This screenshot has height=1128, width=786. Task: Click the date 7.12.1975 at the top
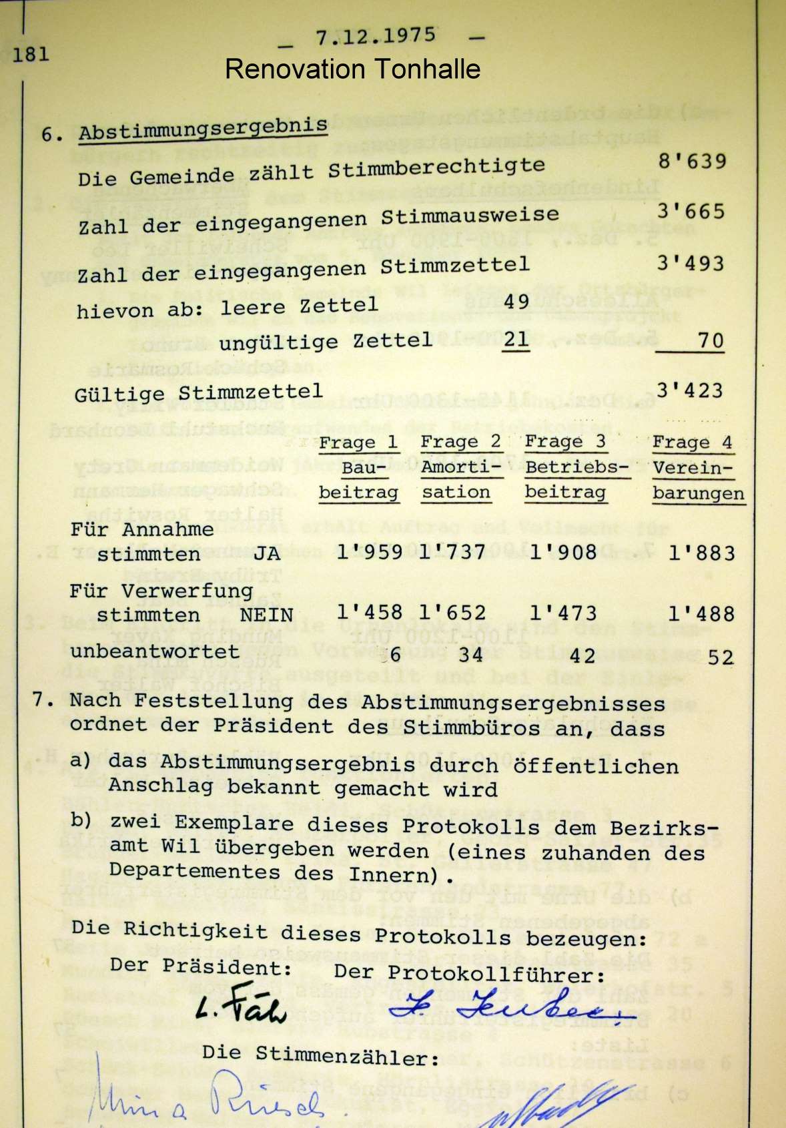pyautogui.click(x=376, y=35)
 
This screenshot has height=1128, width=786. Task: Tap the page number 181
pyautogui.click(x=31, y=53)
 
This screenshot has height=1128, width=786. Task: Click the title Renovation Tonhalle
pyautogui.click(x=352, y=69)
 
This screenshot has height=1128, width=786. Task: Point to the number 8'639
pyautogui.click(x=691, y=161)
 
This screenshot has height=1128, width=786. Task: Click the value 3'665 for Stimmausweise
pyautogui.click(x=690, y=212)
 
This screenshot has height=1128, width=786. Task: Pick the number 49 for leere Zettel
pyautogui.click(x=516, y=301)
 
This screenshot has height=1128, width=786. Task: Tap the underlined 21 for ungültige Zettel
pyautogui.click(x=516, y=339)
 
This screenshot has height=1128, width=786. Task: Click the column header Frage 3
pyautogui.click(x=564, y=442)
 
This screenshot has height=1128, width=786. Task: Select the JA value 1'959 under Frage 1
pyautogui.click(x=369, y=552)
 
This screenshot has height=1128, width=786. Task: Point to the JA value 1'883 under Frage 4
pyautogui.click(x=701, y=553)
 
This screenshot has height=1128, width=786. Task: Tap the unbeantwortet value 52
pyautogui.click(x=720, y=657)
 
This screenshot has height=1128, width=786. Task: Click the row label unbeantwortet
pyautogui.click(x=155, y=651)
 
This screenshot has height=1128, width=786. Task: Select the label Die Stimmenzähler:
pyautogui.click(x=320, y=1055)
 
